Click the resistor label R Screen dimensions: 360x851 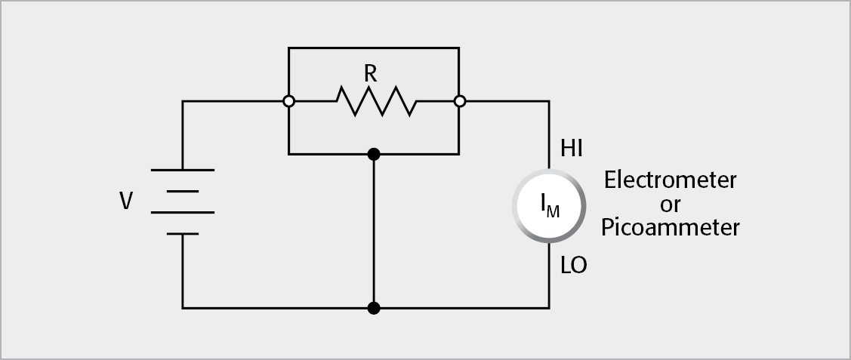click(x=370, y=73)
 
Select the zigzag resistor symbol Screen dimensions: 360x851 click(x=376, y=101)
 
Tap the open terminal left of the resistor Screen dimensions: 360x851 click(x=288, y=101)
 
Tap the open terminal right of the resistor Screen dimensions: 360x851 click(x=459, y=101)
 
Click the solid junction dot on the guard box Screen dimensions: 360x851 click(x=373, y=154)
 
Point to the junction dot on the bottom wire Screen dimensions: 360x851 click(x=373, y=308)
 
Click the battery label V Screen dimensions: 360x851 click(x=127, y=201)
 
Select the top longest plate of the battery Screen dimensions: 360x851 click(x=183, y=170)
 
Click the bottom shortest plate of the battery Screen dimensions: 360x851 click(x=183, y=234)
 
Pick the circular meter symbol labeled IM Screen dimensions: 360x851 click(x=549, y=205)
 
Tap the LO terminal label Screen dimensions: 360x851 click(x=573, y=266)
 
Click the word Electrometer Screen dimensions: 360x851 click(x=670, y=180)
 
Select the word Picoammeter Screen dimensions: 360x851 click(x=670, y=227)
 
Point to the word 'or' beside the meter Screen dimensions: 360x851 click(x=670, y=205)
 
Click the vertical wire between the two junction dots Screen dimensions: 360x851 click(x=373, y=231)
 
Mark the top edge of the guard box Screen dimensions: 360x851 click(x=373, y=48)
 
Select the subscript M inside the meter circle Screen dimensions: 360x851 click(x=553, y=212)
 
